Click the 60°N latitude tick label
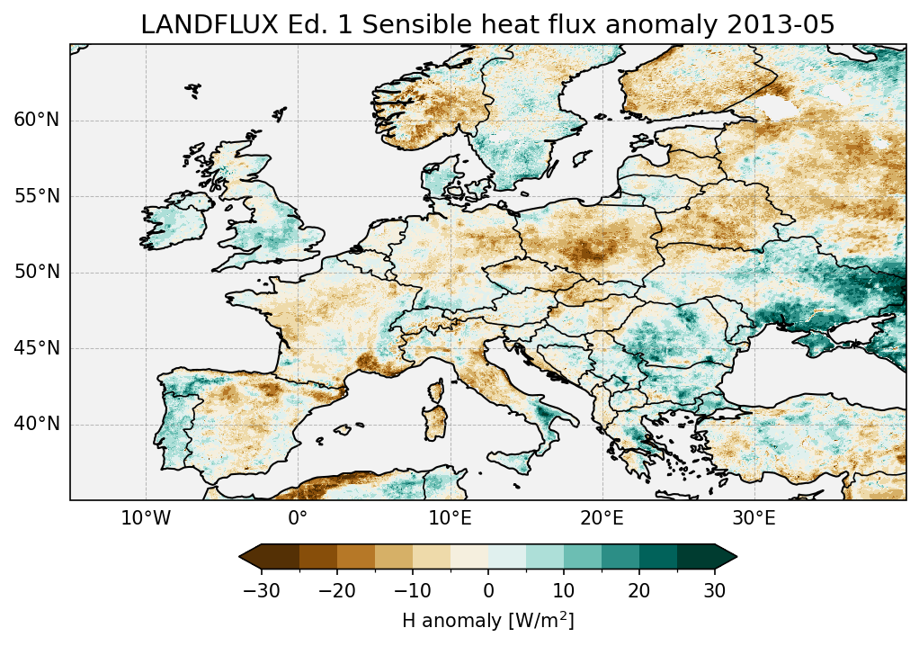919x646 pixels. coord(36,121)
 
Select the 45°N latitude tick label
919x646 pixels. coord(36,348)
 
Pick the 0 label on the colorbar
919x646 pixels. coord(488,590)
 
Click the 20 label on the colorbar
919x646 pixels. coord(639,590)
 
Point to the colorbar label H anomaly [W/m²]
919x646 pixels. coord(487,620)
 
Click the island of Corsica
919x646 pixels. coord(438,391)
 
